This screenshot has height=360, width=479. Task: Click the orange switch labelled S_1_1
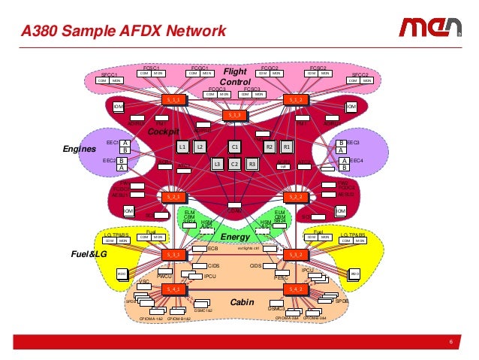tap(173, 99)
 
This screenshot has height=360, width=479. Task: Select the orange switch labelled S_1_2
tap(294, 99)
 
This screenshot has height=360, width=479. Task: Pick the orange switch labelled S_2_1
tap(173, 197)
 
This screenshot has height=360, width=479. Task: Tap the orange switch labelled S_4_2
tap(294, 289)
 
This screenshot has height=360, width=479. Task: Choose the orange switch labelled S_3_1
tap(173, 255)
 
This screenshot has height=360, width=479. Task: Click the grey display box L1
tap(182, 147)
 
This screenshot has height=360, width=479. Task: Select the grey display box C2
tap(234, 164)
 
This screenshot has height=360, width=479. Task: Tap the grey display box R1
tap(287, 147)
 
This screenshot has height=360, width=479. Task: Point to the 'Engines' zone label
tap(80, 149)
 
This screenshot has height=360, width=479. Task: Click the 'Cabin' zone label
tap(242, 301)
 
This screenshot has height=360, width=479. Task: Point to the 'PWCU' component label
tap(165, 277)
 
